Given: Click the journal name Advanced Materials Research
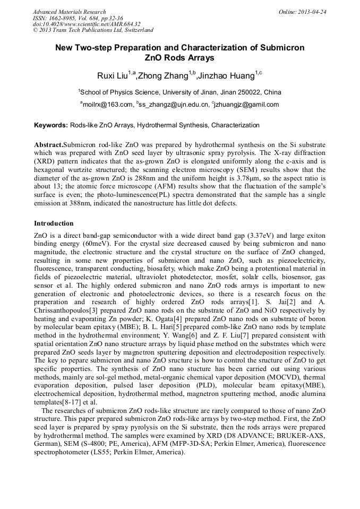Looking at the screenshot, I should click(69, 12).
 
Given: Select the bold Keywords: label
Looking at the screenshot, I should click(51, 126).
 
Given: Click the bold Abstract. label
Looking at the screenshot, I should click(48, 145).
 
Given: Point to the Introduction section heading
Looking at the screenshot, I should click(54, 223).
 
